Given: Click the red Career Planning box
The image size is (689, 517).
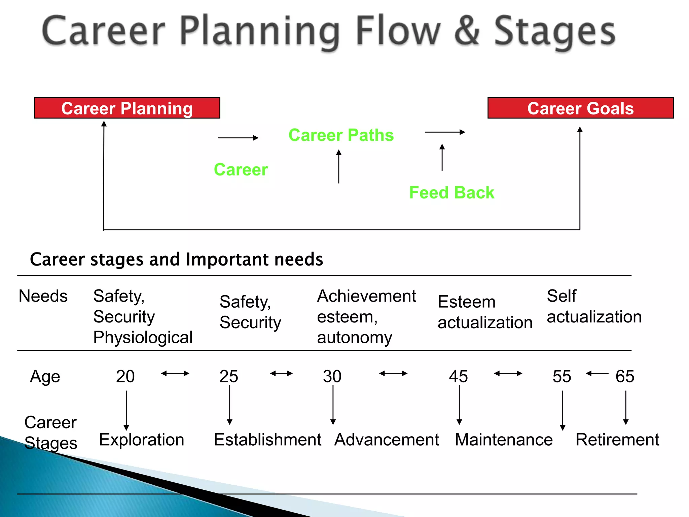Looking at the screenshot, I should [127, 108].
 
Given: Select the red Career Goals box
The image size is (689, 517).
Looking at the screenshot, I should [580, 108].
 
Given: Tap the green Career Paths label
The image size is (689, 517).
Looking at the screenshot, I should [341, 135].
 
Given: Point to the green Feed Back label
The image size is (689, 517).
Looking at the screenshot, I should [451, 193].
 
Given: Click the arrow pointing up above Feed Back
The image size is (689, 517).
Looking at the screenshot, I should [442, 157].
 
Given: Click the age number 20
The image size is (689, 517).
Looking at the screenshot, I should [125, 376].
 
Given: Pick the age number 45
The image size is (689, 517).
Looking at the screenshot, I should [458, 376].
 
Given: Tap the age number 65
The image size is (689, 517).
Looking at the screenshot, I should [625, 376].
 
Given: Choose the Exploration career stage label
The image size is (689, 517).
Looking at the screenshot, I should [142, 440].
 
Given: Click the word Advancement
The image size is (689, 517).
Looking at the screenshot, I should [387, 440].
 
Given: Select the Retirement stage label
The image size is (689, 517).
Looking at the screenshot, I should [617, 440].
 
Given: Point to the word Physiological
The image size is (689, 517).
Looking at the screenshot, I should [143, 337].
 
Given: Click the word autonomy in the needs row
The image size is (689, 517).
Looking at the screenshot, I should [354, 337].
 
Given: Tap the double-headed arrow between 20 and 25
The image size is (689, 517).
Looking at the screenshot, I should [175, 373].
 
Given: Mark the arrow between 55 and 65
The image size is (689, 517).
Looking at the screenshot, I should [597, 373].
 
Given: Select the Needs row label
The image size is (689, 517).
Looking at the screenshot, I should [43, 296].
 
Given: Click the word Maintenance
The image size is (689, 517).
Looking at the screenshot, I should [504, 440].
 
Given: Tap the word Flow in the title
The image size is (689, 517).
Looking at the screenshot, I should [398, 31].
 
